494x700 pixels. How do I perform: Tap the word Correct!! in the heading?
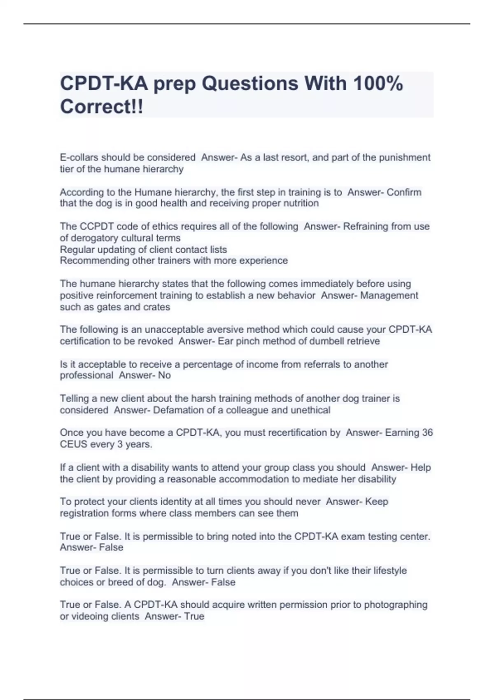pos(102,107)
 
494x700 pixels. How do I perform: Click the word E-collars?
pos(79,157)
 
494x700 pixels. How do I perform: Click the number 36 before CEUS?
pos(427,433)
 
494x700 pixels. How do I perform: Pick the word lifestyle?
pos(390,571)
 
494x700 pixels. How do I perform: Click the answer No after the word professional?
pos(165,376)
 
